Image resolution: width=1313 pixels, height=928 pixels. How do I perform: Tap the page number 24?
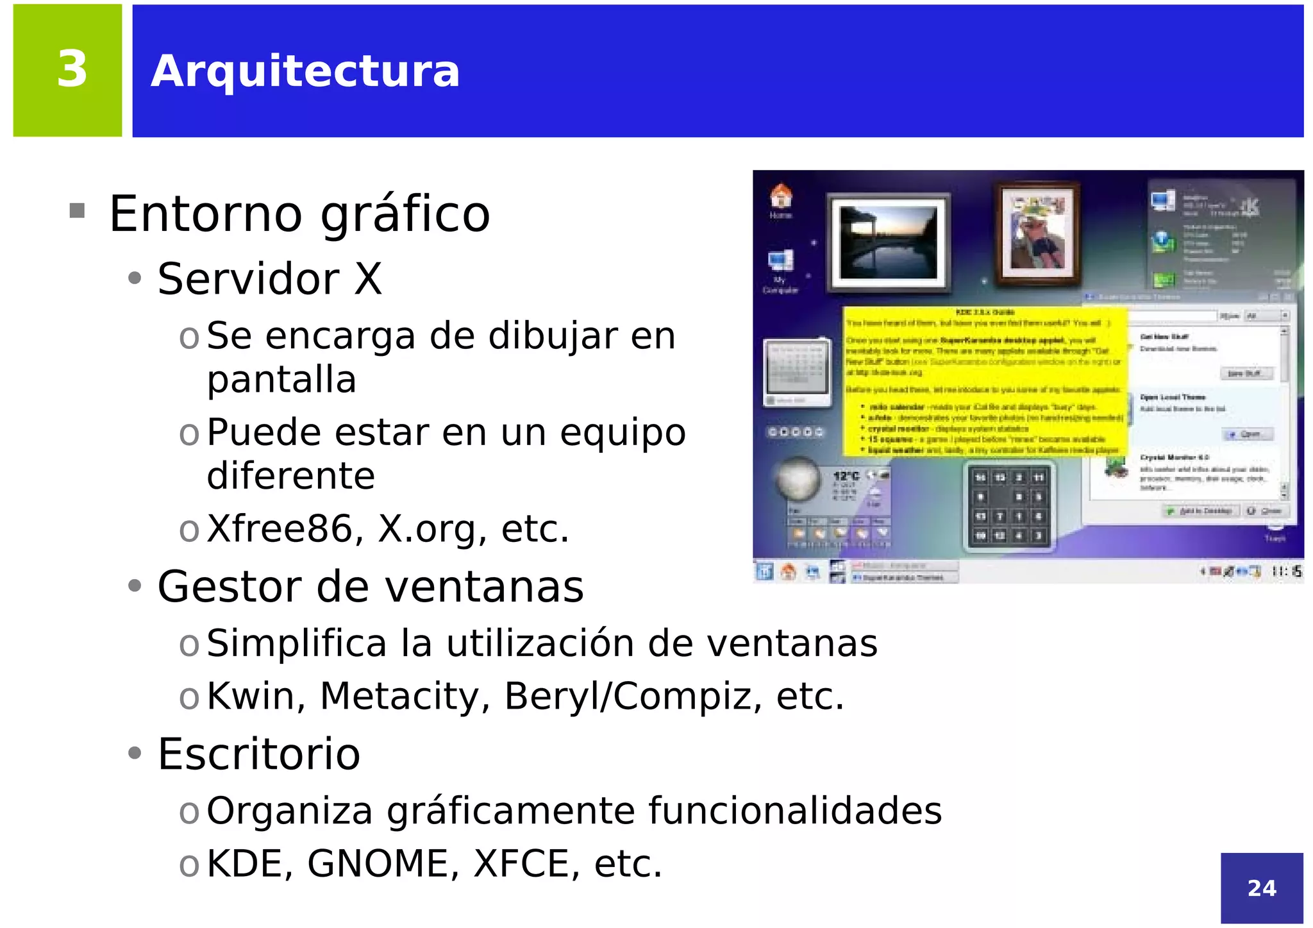tap(1261, 888)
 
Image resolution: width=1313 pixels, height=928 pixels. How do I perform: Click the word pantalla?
tap(281, 380)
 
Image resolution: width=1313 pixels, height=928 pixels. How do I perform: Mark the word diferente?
tap(290, 476)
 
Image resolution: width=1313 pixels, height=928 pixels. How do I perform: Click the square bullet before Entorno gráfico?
tap(77, 210)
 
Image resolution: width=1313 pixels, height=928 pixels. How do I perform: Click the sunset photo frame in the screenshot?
tap(889, 242)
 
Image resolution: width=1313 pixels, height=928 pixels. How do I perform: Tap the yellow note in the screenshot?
tap(985, 382)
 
